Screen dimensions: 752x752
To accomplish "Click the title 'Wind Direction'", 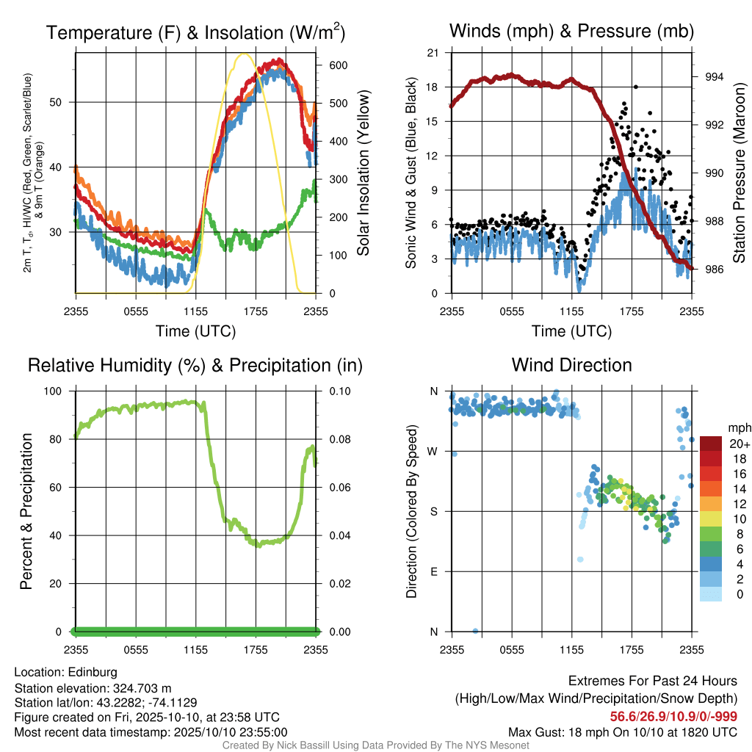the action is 571,365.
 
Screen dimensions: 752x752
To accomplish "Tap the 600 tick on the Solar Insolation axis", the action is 338,65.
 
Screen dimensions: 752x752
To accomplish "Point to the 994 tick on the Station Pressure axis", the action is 714,76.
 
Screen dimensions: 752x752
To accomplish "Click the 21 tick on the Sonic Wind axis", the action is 433,53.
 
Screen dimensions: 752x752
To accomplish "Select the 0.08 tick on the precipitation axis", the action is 340,439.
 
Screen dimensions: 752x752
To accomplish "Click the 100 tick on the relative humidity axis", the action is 53,391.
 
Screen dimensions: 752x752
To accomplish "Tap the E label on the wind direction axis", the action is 434,571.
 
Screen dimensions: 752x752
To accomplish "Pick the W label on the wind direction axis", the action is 433,452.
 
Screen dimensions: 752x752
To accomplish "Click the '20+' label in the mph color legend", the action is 740,444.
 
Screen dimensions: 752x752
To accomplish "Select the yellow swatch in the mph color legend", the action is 711,519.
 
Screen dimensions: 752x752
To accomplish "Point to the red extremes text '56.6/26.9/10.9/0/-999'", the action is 673,717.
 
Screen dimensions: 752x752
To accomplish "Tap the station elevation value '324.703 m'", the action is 142,688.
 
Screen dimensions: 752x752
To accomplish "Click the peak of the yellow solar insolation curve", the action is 244,54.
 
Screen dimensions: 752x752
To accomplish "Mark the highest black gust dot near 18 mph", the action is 636,87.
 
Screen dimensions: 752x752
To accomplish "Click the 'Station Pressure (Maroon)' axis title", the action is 739,173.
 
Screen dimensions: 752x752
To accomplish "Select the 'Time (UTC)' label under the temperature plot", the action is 195,331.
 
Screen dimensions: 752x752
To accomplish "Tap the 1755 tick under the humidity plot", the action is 256,650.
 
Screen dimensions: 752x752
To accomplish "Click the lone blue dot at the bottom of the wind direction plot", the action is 475,631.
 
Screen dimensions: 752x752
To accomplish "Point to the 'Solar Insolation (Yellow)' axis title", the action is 364,173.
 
